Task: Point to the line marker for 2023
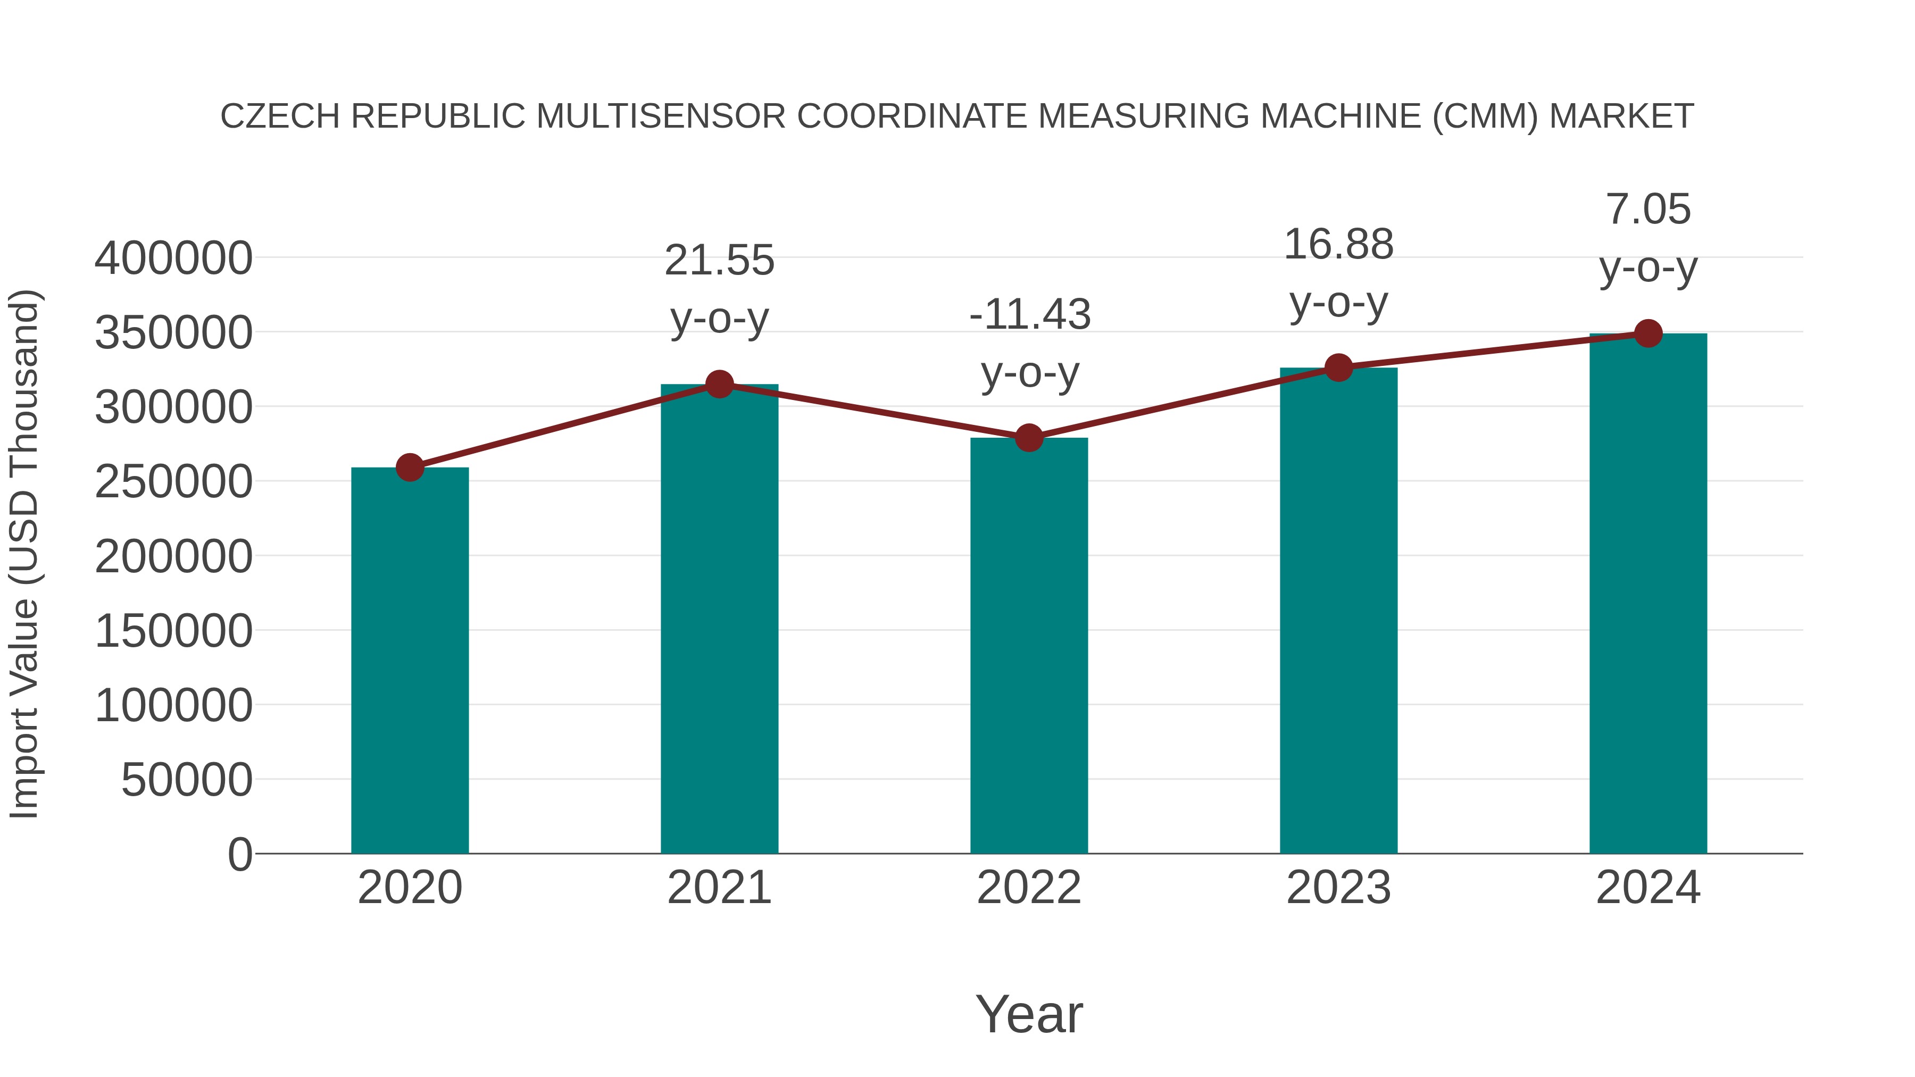point(1338,367)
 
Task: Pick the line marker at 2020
point(410,467)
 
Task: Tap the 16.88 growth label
point(1338,245)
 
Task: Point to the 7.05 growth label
point(1648,210)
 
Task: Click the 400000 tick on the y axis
point(174,258)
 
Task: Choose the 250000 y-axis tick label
point(174,482)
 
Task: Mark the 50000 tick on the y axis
point(187,780)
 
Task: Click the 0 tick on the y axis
point(240,854)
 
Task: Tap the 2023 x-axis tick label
point(1338,888)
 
